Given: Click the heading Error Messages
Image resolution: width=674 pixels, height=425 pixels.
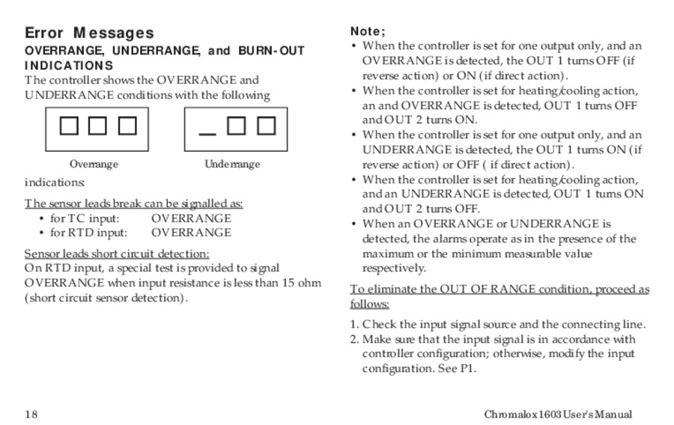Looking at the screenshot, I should click(89, 33).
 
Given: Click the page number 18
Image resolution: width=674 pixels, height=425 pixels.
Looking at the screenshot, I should click(31, 415).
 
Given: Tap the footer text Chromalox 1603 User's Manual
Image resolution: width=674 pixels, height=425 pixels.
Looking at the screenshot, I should click(557, 415).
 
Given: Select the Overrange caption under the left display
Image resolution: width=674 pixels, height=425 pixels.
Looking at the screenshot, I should click(94, 165).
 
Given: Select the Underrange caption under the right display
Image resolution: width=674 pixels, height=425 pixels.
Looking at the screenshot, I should click(232, 165).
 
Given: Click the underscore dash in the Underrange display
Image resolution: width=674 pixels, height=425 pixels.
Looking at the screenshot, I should click(207, 134).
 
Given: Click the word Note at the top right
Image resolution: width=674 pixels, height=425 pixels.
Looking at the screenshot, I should click(367, 31).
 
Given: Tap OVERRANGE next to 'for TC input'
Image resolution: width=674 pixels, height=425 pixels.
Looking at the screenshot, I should click(191, 218).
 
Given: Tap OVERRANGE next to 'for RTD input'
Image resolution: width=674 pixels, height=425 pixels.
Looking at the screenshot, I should click(191, 232).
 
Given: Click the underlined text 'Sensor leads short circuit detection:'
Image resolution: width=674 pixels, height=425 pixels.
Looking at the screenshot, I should click(117, 254).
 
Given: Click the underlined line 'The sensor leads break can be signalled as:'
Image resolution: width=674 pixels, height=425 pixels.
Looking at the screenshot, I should click(133, 204).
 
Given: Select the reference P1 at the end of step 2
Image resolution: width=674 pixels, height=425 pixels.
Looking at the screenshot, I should click(467, 368).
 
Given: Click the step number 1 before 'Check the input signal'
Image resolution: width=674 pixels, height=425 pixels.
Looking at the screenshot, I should click(354, 325).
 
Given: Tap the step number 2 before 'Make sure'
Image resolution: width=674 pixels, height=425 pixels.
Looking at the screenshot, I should click(354, 339).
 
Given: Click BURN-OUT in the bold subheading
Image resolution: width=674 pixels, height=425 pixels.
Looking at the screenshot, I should click(272, 51).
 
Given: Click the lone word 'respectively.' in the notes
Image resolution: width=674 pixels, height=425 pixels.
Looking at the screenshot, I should click(394, 268).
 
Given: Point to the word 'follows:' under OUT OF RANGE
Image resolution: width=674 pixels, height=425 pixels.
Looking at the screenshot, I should click(369, 304).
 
